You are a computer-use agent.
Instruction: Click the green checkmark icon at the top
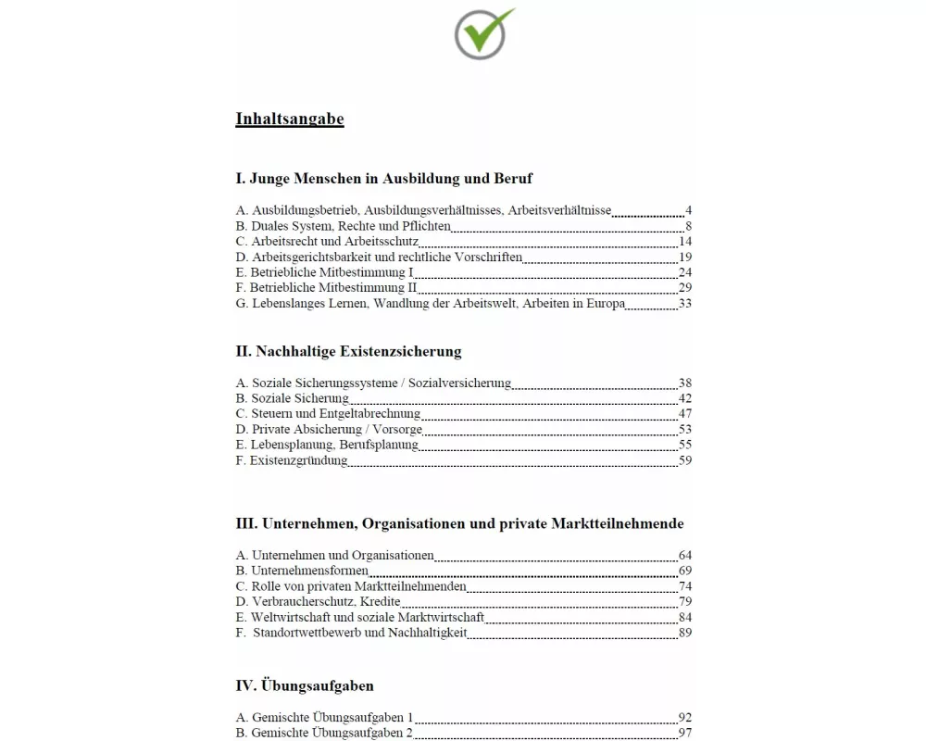tap(482, 33)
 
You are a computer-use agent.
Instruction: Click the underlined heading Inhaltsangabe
tap(290, 119)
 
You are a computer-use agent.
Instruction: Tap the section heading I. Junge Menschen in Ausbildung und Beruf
tap(384, 178)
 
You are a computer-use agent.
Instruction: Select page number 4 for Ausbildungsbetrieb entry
tap(688, 211)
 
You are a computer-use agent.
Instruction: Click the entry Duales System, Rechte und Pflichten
tap(344, 226)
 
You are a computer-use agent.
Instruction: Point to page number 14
tap(685, 242)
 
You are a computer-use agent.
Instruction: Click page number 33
tap(685, 304)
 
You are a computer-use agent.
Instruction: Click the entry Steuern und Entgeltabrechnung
tap(329, 414)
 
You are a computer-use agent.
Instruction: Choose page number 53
tap(685, 430)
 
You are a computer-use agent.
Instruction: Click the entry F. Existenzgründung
tap(292, 460)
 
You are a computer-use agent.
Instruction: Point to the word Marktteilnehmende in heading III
tap(618, 523)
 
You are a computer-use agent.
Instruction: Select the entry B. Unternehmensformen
tap(303, 571)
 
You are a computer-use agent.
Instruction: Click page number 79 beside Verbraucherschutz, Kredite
tap(685, 602)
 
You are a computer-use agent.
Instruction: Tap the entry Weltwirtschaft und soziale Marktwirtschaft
tap(360, 618)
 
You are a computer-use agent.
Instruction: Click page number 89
tap(685, 634)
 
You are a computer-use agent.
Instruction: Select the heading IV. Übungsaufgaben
tap(305, 686)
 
